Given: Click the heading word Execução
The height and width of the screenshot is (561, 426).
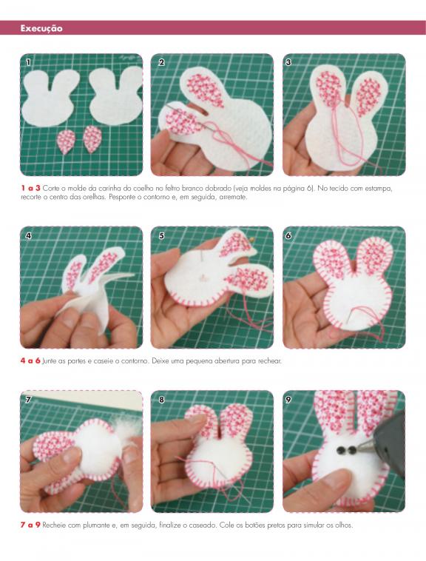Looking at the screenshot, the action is click(41, 28).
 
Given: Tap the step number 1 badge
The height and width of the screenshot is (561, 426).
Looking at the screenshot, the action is click(29, 62).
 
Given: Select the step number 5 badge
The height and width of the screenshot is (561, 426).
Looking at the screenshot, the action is click(161, 235).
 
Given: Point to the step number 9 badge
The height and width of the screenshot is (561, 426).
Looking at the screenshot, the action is click(288, 399).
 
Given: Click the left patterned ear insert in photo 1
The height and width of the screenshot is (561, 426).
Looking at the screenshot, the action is click(66, 141).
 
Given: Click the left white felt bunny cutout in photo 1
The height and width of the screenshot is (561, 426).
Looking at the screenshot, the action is click(50, 98).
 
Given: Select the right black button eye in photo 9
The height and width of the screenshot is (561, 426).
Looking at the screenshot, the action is click(351, 450).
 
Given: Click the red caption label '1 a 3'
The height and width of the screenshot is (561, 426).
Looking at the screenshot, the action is click(30, 188).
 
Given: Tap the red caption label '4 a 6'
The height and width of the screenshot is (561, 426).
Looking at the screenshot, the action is click(30, 360).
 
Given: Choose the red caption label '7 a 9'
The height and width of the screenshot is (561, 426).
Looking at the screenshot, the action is click(30, 525).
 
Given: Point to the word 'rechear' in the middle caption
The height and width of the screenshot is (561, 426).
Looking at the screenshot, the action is click(269, 361).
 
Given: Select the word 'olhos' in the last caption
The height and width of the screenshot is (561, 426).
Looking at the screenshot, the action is click(343, 525).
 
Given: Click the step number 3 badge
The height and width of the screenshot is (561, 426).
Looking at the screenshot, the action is click(288, 62).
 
